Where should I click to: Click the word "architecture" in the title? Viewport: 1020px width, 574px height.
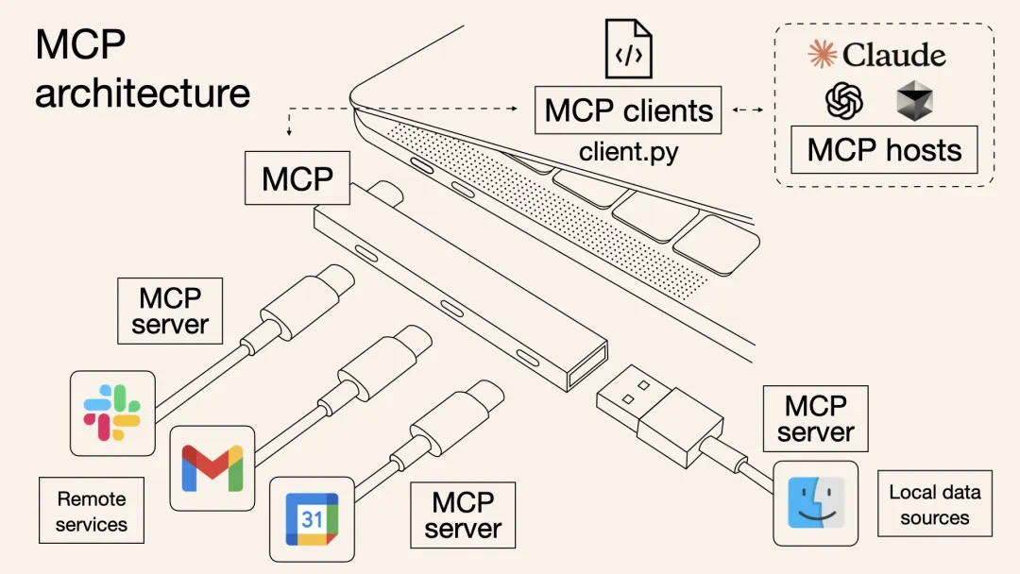click(x=143, y=93)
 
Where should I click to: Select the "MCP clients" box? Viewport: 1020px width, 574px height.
click(x=628, y=110)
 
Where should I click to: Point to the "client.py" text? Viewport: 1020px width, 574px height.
click(x=628, y=151)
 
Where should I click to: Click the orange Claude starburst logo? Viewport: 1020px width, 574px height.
click(x=823, y=54)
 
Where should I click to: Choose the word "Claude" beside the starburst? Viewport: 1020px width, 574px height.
click(x=893, y=55)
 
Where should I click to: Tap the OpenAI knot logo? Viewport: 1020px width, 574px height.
click(x=844, y=100)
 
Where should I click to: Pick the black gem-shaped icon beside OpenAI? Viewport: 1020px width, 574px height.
click(x=913, y=100)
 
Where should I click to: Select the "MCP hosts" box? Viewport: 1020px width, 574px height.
click(x=884, y=150)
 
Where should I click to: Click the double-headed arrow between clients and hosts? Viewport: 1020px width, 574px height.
click(x=747, y=110)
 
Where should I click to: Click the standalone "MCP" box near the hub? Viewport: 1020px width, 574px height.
click(x=297, y=177)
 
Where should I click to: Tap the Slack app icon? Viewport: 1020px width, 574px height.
click(x=112, y=414)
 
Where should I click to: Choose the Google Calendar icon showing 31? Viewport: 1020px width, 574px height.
click(x=312, y=518)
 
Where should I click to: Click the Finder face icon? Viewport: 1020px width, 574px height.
click(x=815, y=503)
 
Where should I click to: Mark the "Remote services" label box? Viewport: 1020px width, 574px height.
click(x=92, y=511)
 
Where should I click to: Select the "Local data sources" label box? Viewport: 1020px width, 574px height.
click(x=935, y=504)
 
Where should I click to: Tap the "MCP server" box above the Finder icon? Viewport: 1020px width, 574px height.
click(x=815, y=419)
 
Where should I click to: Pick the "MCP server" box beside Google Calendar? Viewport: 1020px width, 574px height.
click(x=463, y=515)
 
